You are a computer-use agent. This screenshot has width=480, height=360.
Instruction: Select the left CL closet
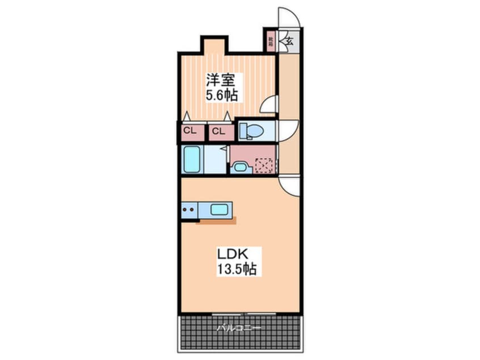pyautogui.click(x=190, y=132)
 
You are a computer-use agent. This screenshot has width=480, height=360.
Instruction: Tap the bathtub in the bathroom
pyautogui.click(x=192, y=160)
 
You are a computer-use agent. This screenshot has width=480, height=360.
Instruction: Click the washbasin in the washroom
pyautogui.click(x=239, y=167)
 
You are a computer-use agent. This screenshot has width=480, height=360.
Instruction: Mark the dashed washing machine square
pyautogui.click(x=264, y=165)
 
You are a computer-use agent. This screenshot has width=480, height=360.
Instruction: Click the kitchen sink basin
pyautogui.click(x=219, y=209)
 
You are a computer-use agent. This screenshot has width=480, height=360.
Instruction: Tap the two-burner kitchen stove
pyautogui.click(x=190, y=210)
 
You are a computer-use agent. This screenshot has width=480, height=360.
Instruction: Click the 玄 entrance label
pyautogui.click(x=289, y=41)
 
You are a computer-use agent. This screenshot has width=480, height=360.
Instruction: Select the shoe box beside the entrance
pyautogui.click(x=271, y=41)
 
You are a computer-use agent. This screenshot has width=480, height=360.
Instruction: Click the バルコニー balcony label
pyautogui.click(x=239, y=328)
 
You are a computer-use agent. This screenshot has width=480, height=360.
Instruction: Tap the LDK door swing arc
pyautogui.click(x=289, y=186)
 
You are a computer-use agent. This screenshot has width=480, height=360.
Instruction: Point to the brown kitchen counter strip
pyautogui.click(x=216, y=221)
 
